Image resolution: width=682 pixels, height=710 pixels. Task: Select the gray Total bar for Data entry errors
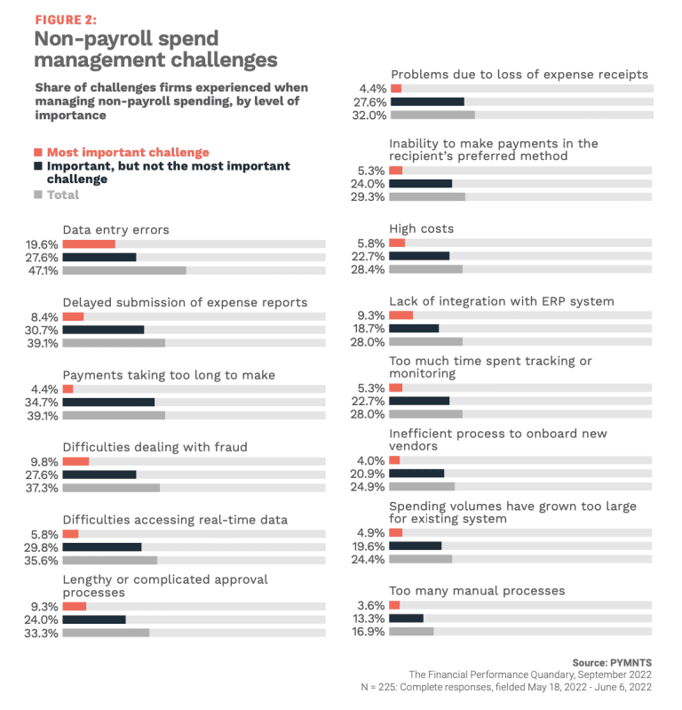124,270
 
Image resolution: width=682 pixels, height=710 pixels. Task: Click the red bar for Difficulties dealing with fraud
75,461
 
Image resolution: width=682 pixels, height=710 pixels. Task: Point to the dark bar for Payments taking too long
108,402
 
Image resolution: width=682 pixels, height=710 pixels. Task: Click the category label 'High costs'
421,228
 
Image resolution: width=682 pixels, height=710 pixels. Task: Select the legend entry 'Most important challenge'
128,152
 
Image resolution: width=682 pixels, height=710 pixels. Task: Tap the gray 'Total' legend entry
62,195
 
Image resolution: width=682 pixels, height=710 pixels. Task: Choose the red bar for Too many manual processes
394,605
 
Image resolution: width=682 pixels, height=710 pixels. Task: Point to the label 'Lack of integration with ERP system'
501,301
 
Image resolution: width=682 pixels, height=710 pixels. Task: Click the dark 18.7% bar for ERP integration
414,328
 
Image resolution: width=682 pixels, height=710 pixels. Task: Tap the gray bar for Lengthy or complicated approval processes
106,633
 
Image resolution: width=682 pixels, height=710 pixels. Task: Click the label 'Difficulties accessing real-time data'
175,519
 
